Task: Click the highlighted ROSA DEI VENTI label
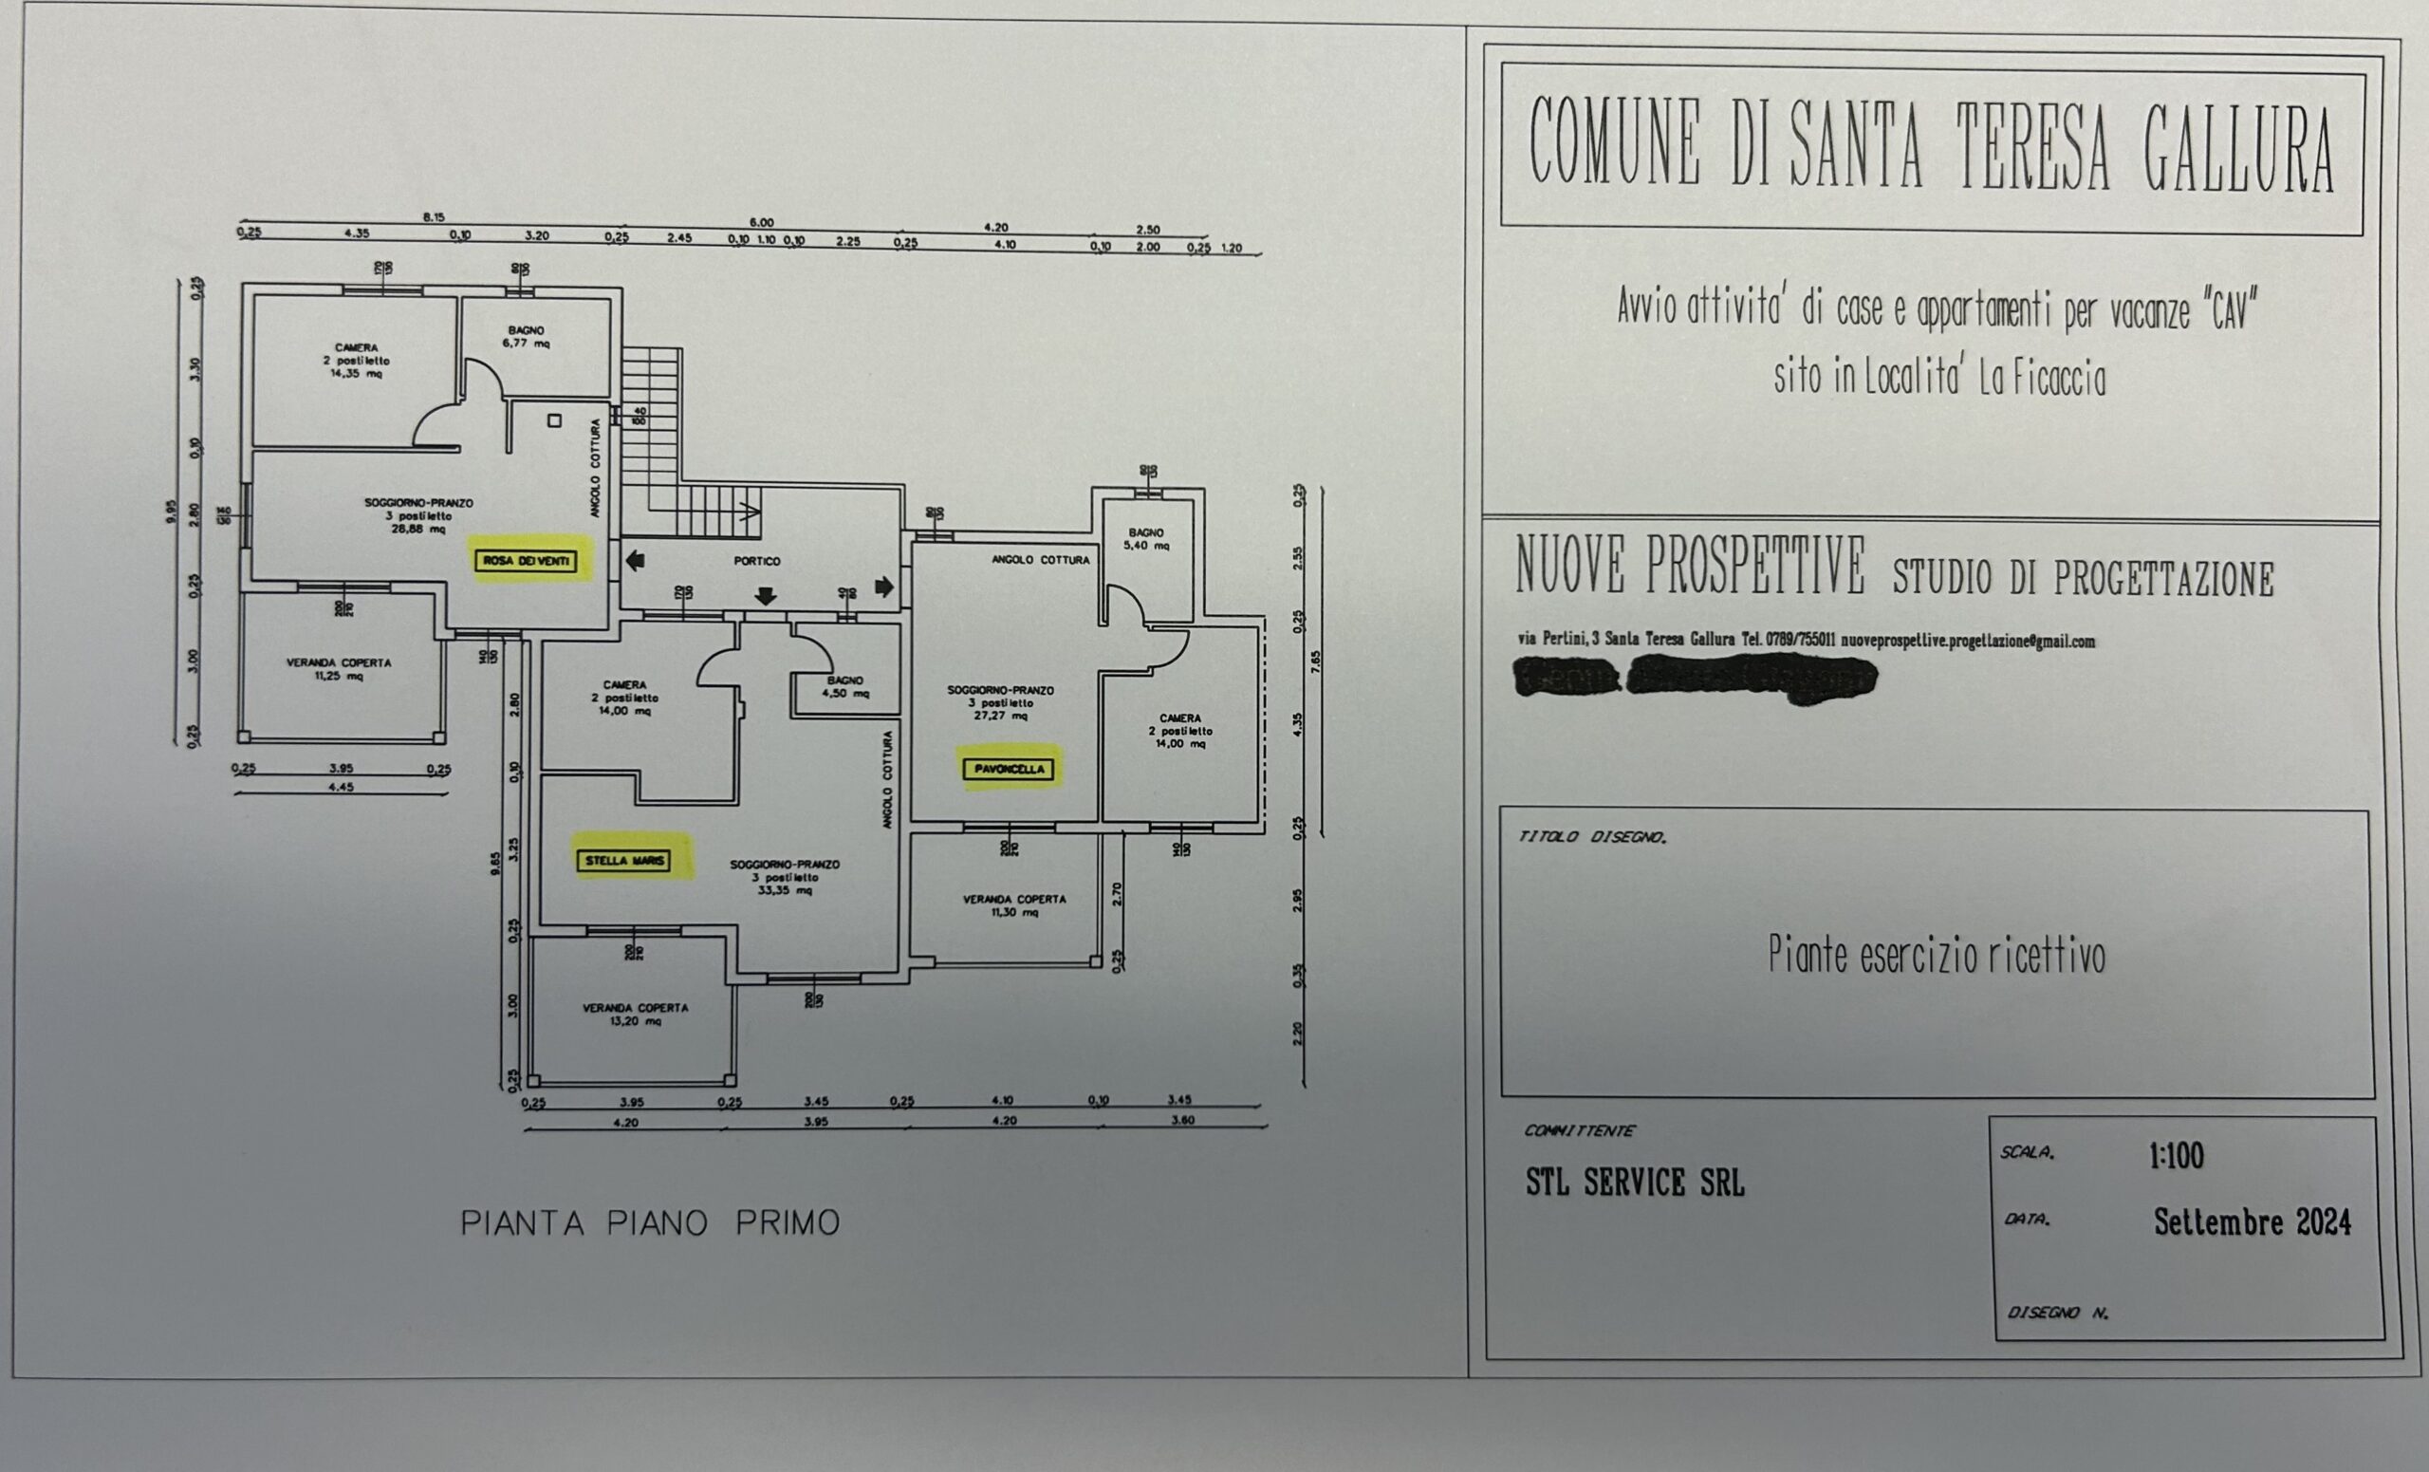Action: pyautogui.click(x=526, y=561)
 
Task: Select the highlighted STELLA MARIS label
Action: pyautogui.click(x=624, y=861)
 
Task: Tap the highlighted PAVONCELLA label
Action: pyautogui.click(x=1009, y=769)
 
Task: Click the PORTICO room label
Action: pyautogui.click(x=757, y=561)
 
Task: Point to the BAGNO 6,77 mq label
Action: pyautogui.click(x=527, y=337)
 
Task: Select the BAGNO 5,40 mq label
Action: pyautogui.click(x=1145, y=538)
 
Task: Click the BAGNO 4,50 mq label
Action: pyautogui.click(x=844, y=686)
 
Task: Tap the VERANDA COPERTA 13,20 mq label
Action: pyautogui.click(x=635, y=1015)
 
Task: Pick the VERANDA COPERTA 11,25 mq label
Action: pyautogui.click(x=339, y=669)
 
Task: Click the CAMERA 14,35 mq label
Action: pyautogui.click(x=356, y=360)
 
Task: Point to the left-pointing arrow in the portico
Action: pyautogui.click(x=636, y=561)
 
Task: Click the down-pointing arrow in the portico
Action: pyautogui.click(x=765, y=595)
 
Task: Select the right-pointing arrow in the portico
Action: pyautogui.click(x=884, y=587)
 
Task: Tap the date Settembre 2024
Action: pyautogui.click(x=2252, y=1222)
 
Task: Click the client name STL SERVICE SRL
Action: pyautogui.click(x=1635, y=1183)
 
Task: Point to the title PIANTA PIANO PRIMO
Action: pyautogui.click(x=650, y=1223)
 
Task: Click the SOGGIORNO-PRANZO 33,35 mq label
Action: pyautogui.click(x=785, y=878)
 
